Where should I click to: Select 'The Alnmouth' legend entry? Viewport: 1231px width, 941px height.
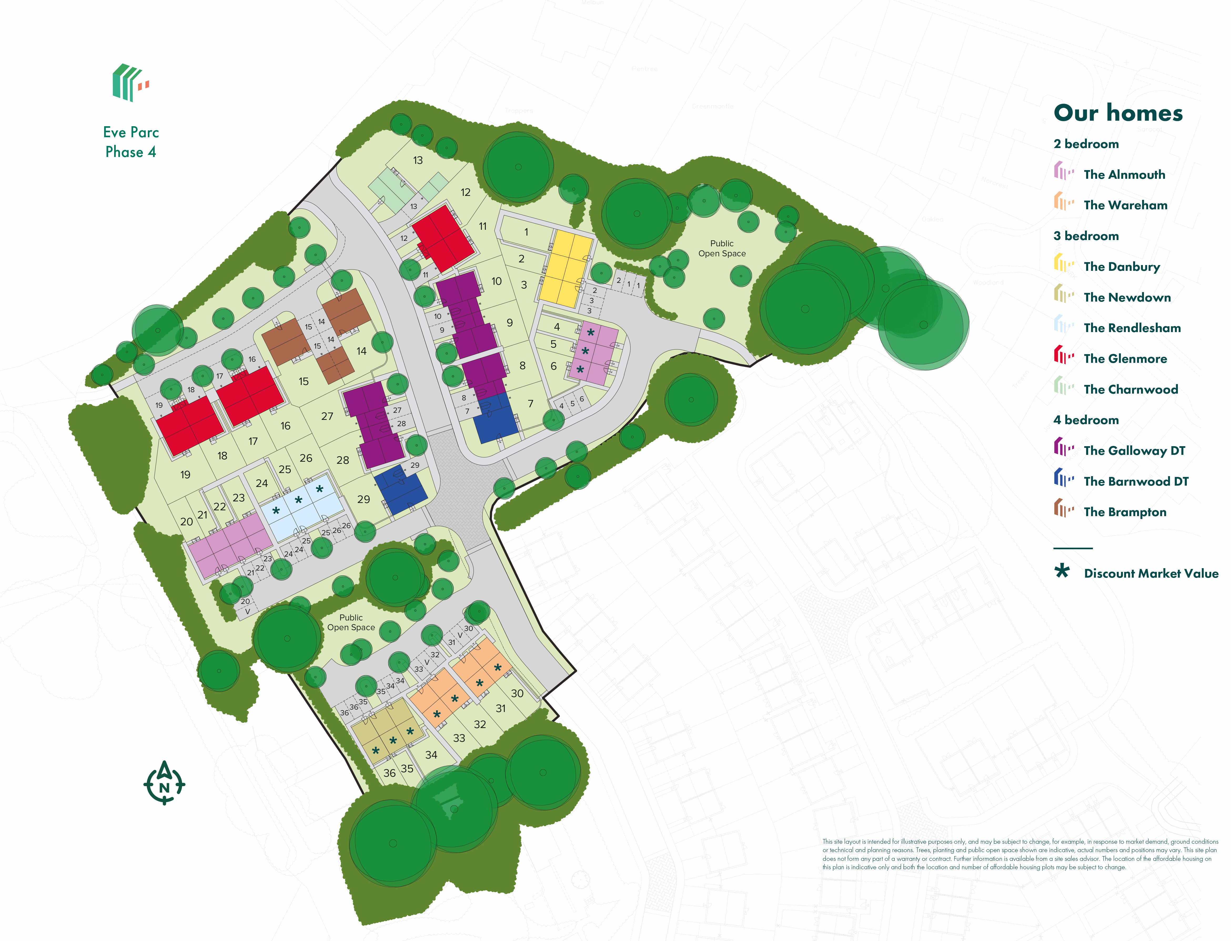click(x=1124, y=175)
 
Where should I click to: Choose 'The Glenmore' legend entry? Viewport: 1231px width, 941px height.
click(x=1125, y=358)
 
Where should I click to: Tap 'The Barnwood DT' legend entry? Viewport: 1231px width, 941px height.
click(x=1136, y=481)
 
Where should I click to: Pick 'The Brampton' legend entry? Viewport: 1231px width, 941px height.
click(x=1124, y=512)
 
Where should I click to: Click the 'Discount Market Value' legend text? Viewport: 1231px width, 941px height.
click(x=1151, y=573)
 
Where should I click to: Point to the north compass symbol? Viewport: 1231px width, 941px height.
click(x=164, y=783)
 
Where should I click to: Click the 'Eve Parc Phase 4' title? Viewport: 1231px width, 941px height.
click(x=131, y=142)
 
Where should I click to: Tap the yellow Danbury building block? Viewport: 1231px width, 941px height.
click(x=566, y=269)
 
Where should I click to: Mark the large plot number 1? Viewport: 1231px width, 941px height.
click(x=526, y=232)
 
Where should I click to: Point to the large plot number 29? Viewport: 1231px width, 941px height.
click(x=364, y=499)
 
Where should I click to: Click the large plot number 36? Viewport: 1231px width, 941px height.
click(x=389, y=773)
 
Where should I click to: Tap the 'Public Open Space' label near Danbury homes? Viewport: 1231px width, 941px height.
click(x=722, y=248)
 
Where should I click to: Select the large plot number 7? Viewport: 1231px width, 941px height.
click(x=530, y=404)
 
